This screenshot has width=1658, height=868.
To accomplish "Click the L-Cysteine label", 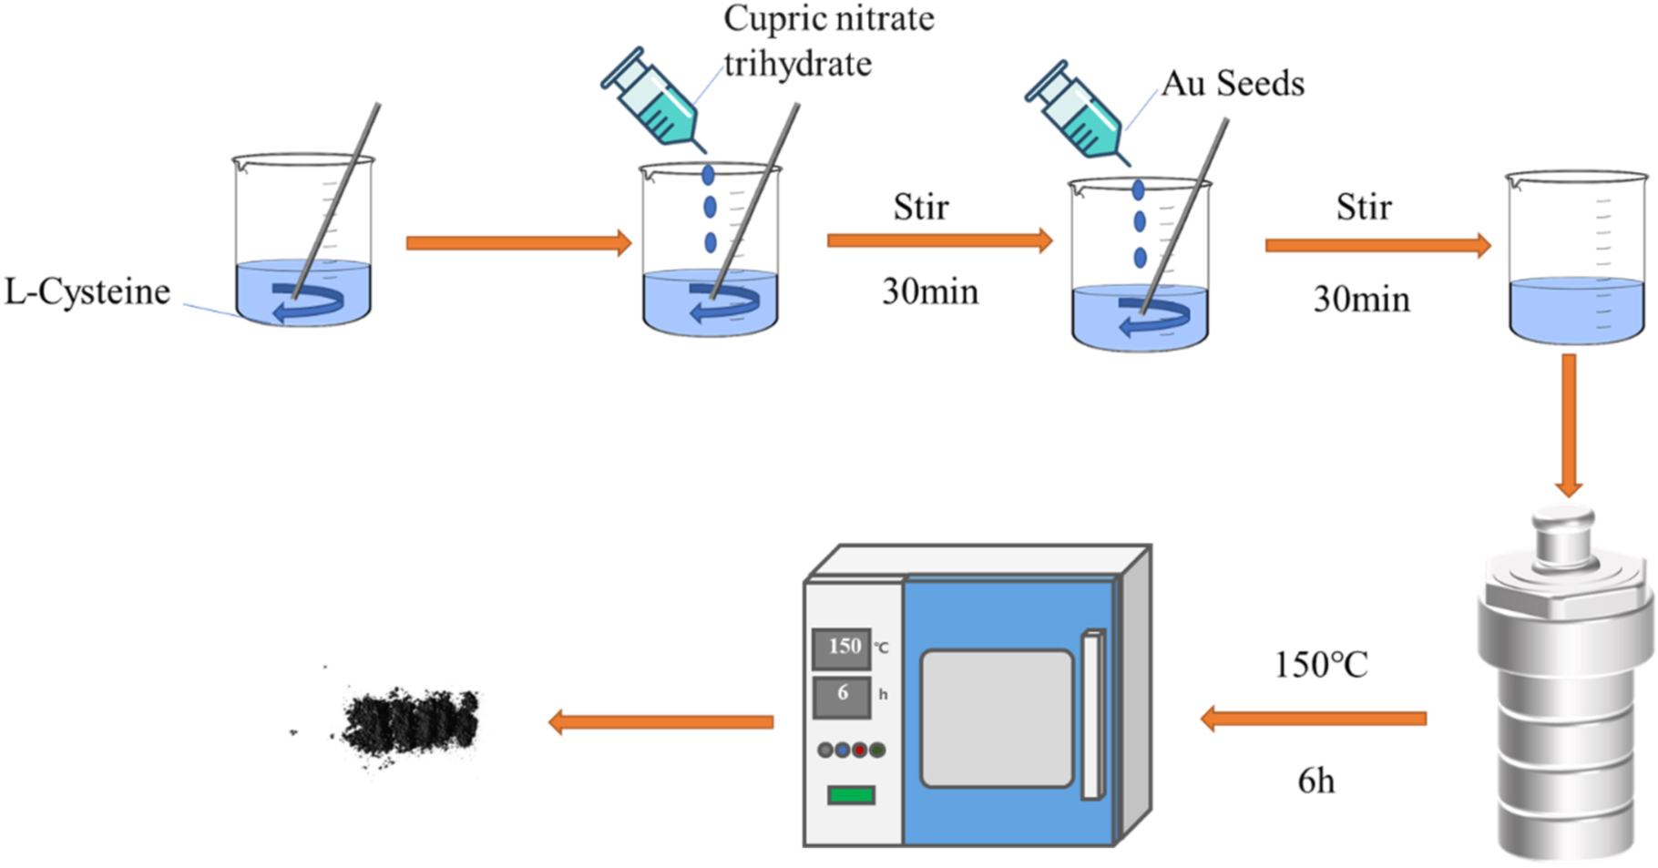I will pyautogui.click(x=87, y=292).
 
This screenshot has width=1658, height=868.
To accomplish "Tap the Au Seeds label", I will pyautogui.click(x=1233, y=84).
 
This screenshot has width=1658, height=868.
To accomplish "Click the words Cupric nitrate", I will pyautogui.click(x=828, y=18).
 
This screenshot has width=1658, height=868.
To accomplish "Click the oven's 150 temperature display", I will pyautogui.click(x=843, y=647).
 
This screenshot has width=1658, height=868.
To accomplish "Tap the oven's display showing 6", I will pyautogui.click(x=843, y=694).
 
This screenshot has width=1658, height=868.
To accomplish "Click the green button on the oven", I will pyautogui.click(x=851, y=795).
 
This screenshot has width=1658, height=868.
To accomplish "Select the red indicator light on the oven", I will pyautogui.click(x=859, y=750).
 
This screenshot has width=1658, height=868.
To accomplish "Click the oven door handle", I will pyautogui.click(x=1092, y=715).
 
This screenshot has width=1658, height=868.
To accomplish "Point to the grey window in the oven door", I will pyautogui.click(x=997, y=718).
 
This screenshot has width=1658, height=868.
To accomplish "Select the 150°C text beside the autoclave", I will pyautogui.click(x=1320, y=666).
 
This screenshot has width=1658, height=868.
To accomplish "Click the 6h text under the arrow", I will pyautogui.click(x=1316, y=781).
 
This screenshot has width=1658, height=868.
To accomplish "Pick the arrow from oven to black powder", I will pyautogui.click(x=660, y=722).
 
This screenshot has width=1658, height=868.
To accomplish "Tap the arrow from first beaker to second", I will pyautogui.click(x=518, y=243).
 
